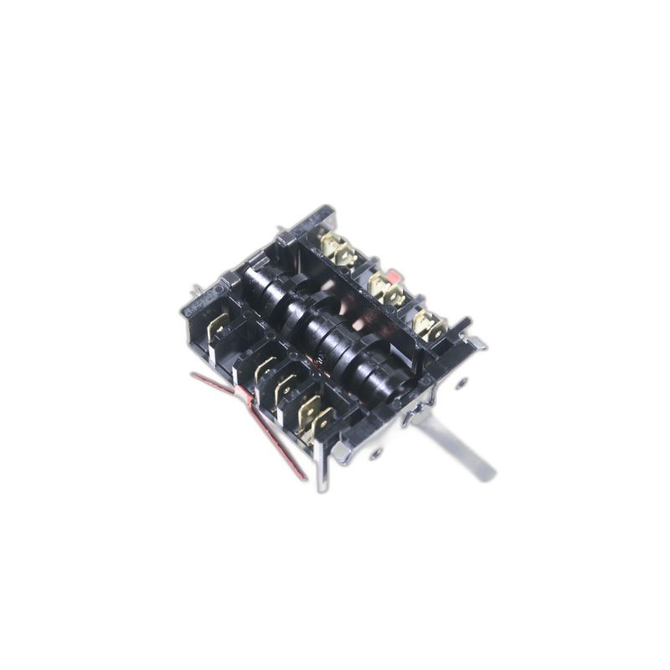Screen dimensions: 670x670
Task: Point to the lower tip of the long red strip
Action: (304, 477)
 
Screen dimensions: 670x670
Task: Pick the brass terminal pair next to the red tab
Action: (384, 289)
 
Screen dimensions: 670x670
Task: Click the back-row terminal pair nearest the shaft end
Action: (429, 324)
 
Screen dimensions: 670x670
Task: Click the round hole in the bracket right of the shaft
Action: (458, 385)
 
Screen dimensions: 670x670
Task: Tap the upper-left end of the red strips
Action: (195, 376)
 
